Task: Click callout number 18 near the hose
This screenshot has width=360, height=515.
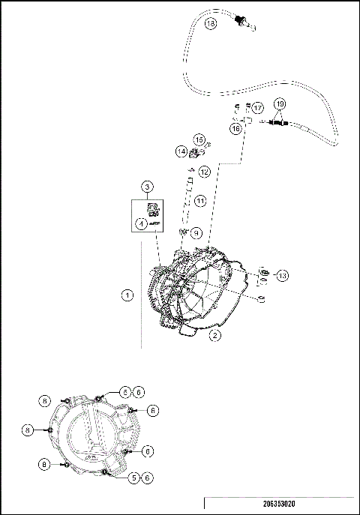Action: click(209, 24)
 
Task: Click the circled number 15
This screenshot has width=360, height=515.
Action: click(199, 139)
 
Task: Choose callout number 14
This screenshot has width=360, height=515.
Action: click(181, 151)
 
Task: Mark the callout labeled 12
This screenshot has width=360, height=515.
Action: click(204, 172)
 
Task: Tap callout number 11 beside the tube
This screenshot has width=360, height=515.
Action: click(200, 201)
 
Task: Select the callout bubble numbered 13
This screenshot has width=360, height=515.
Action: click(282, 275)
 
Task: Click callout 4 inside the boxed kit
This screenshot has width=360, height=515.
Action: click(140, 223)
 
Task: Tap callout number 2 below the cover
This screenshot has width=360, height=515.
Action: click(214, 335)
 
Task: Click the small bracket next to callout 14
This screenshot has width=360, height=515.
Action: click(194, 153)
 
